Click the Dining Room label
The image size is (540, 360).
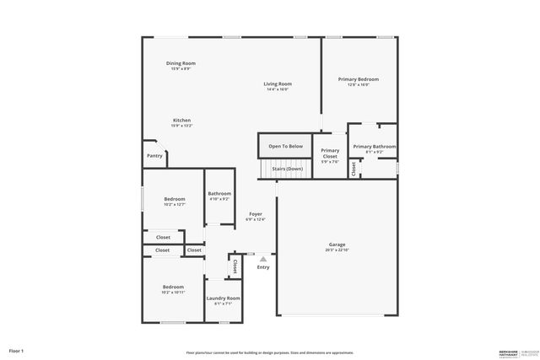(181, 63)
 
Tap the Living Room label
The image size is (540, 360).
(278, 83)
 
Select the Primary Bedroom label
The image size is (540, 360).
(359, 79)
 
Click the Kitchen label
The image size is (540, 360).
(182, 120)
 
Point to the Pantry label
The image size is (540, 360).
(154, 155)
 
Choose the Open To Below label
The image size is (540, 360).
(285, 147)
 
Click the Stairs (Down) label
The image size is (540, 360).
(287, 169)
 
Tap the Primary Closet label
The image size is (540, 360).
(330, 153)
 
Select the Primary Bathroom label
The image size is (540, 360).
(374, 147)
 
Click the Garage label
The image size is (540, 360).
(337, 244)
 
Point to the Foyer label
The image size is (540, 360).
(255, 214)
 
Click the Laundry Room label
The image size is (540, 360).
(224, 298)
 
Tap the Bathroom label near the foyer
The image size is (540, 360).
(219, 193)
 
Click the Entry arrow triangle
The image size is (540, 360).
(263, 259)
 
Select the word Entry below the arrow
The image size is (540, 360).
(263, 267)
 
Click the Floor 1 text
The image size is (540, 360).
(16, 350)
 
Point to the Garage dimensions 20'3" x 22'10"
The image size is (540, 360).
(337, 250)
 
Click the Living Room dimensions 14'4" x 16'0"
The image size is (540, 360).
(278, 89)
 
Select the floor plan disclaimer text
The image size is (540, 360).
(269, 352)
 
